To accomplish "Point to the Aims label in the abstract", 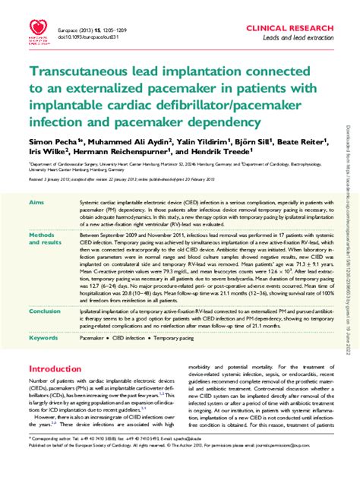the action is [x=36, y=204].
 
